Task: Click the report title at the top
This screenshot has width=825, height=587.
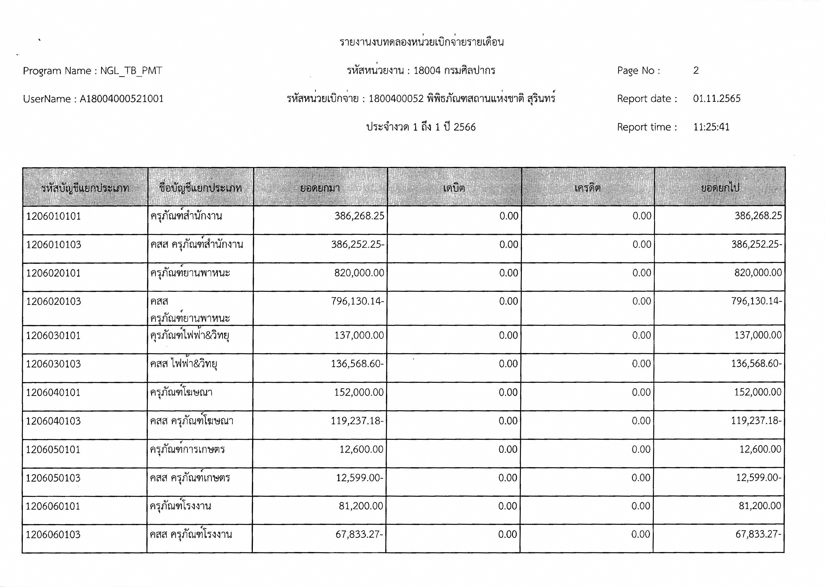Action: [x=421, y=42]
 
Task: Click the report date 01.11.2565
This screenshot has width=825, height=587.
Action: [x=717, y=99]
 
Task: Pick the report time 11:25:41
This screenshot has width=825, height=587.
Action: [x=711, y=127]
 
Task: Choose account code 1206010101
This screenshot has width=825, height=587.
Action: [x=53, y=216]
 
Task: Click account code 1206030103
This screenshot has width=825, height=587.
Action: [x=53, y=364]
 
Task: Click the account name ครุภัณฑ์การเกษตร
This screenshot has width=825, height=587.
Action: [x=187, y=450]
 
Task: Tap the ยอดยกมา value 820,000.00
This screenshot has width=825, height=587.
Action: [x=359, y=273]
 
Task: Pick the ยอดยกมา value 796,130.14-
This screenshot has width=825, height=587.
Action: [x=358, y=301]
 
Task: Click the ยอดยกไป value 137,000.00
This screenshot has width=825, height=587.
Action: [x=758, y=335]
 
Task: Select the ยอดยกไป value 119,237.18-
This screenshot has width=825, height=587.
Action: [x=756, y=421]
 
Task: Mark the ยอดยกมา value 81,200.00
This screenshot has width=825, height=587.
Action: [x=361, y=506]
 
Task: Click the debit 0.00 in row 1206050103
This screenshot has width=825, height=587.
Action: [x=508, y=478]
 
